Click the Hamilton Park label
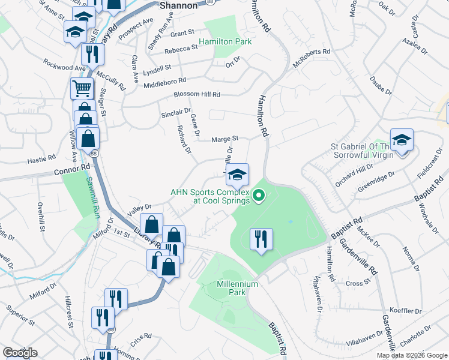click(x=225, y=41)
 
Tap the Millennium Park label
click(x=238, y=288)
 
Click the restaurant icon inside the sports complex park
click(x=261, y=239)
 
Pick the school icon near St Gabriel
click(x=402, y=140)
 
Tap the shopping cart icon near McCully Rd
click(x=82, y=89)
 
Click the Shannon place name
click(x=178, y=5)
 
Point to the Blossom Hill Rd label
click(x=197, y=95)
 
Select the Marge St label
click(x=225, y=139)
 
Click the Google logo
click(x=20, y=353)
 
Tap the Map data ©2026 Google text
click(x=411, y=355)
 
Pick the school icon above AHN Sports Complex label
click(x=237, y=175)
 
